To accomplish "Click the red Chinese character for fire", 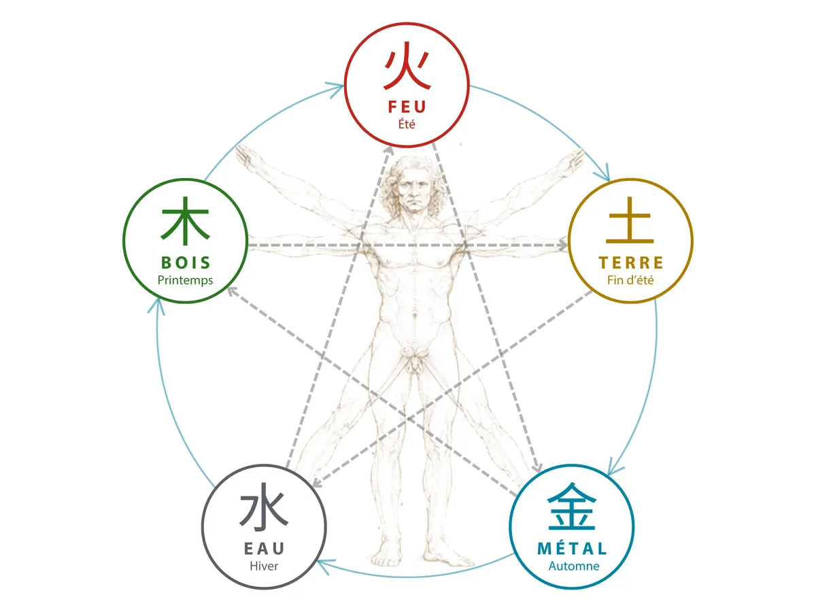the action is (407, 66).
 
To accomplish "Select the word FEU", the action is (407, 107).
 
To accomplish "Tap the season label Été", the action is (407, 124).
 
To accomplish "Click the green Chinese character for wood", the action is (185, 222).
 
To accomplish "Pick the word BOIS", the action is (186, 262).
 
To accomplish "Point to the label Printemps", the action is (185, 280).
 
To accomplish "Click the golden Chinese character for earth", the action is (630, 220).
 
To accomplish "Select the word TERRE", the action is (631, 262).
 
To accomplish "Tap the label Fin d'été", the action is (630, 279).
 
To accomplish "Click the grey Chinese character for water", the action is (264, 506).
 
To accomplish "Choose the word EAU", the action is (264, 549).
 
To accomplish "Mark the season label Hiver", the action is (264, 566).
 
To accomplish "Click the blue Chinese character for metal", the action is (571, 506).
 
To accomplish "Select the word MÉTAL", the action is (572, 548).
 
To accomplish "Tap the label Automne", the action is (574, 566).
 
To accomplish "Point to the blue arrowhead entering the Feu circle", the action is (335, 90).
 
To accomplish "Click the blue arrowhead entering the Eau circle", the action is (325, 565).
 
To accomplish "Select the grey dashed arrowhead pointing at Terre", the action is (562, 245).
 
